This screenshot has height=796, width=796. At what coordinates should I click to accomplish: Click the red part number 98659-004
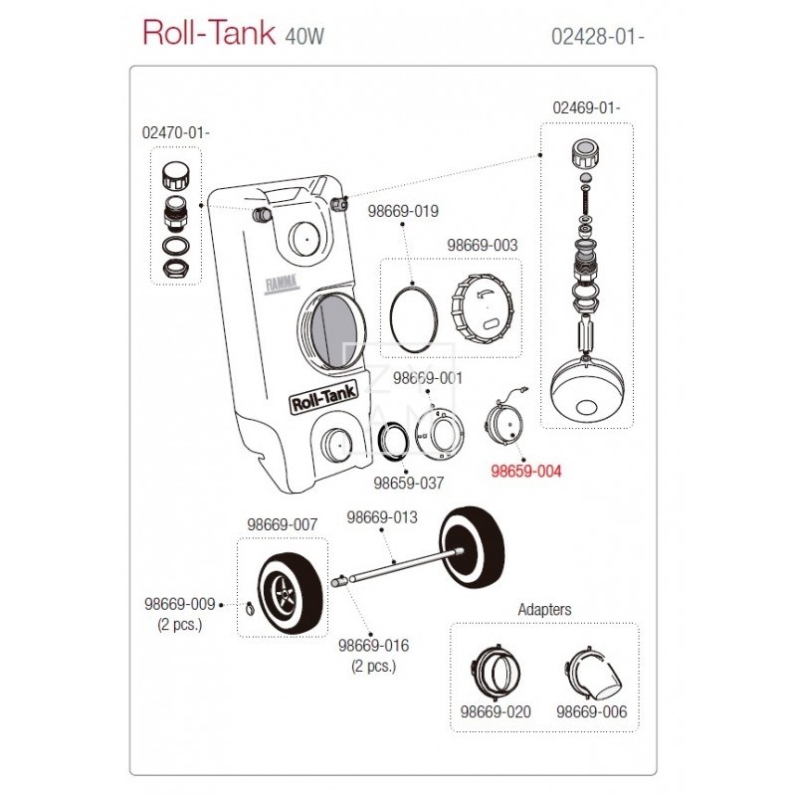point(528,475)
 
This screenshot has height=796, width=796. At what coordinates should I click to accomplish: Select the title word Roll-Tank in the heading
point(209,33)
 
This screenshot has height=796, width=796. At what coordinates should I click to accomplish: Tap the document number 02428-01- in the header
point(602,36)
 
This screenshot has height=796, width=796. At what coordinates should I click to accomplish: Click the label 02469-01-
point(588,107)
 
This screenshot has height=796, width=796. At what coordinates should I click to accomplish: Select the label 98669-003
point(483,245)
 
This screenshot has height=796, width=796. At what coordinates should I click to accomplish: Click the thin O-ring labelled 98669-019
point(412,315)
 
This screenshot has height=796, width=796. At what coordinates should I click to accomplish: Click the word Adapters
point(545,608)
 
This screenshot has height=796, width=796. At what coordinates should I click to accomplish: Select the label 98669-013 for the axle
point(382,517)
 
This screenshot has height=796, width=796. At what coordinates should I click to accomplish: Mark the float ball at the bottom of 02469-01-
point(587,392)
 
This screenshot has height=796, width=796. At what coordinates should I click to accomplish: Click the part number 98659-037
point(408,484)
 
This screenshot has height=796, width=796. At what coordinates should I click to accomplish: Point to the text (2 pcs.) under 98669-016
point(374,666)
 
